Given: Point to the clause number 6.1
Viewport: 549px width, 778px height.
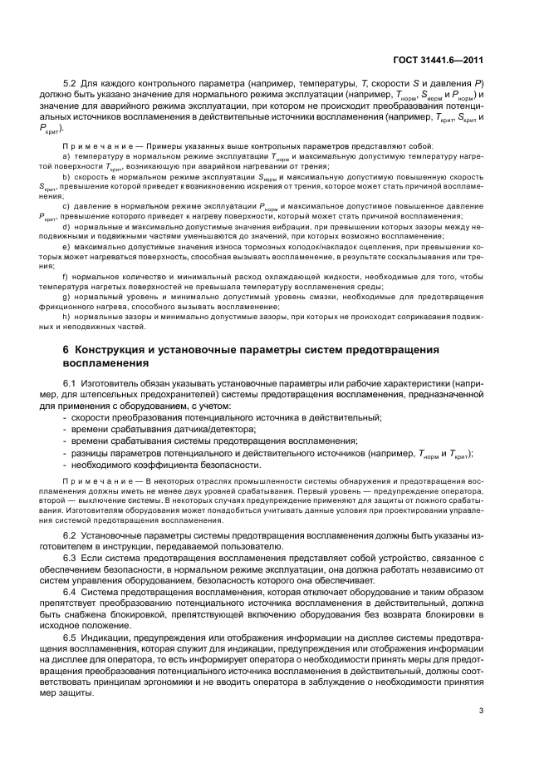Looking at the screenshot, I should tap(71, 382).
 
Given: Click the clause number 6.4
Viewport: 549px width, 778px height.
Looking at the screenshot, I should tap(71, 591).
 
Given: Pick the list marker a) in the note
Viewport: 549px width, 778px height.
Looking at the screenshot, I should tap(66, 156).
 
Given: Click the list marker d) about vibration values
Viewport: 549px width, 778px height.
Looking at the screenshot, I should tap(66, 226).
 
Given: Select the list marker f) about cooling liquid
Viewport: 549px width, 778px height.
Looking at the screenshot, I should tap(66, 276).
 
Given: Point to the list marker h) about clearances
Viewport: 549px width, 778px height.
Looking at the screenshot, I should tap(66, 317).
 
